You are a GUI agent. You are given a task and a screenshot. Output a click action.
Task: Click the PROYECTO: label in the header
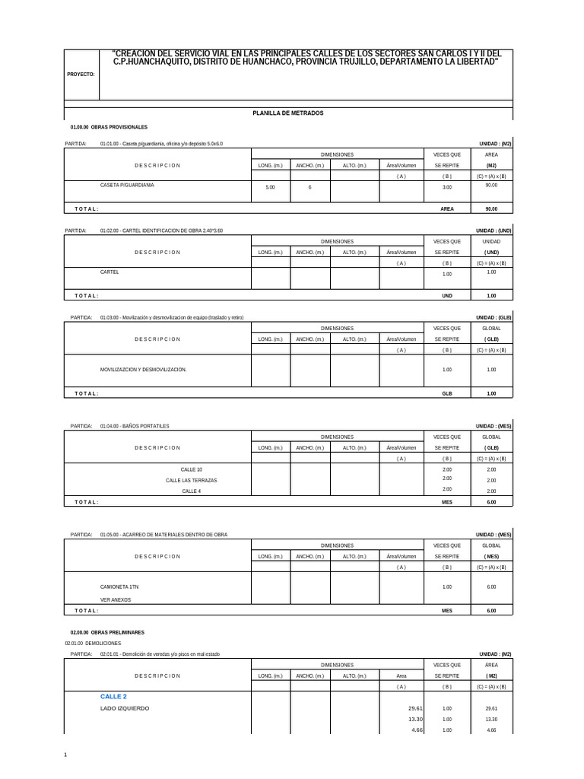point(81,75)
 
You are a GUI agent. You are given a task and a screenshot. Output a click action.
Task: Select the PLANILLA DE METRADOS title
point(288,113)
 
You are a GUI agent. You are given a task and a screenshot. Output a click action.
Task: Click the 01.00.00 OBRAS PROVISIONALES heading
point(109,126)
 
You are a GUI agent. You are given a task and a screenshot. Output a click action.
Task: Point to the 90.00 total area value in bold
point(491,208)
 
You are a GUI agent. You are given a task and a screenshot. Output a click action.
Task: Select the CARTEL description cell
point(109,272)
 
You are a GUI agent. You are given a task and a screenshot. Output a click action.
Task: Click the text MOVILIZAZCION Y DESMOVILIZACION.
point(143,369)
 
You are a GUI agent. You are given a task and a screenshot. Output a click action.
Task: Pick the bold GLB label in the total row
point(446,393)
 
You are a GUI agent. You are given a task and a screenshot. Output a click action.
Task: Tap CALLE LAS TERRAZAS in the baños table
point(192,480)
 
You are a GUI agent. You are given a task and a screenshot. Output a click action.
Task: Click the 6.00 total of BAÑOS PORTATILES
point(491,502)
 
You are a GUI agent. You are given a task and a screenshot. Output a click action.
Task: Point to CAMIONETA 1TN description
point(119,587)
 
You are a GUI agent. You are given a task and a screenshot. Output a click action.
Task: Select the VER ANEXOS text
point(116,599)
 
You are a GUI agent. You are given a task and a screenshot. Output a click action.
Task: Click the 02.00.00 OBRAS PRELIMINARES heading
point(107,632)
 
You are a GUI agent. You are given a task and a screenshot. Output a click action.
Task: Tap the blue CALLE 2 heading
point(113,696)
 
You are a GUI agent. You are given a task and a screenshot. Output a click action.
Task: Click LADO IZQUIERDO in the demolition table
point(125,708)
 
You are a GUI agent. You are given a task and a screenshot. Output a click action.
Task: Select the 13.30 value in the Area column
point(415,719)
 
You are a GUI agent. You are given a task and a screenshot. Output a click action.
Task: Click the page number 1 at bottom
point(66,755)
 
